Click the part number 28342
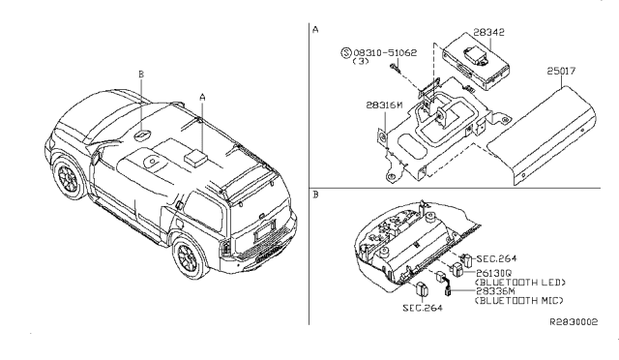[488, 32]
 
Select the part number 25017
[561, 71]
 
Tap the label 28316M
[384, 105]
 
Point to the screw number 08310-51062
[385, 52]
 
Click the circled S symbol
[346, 52]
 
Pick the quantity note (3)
[361, 61]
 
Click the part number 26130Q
[493, 273]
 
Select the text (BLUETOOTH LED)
[520, 283]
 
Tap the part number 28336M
[495, 291]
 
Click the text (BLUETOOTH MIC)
[519, 301]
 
